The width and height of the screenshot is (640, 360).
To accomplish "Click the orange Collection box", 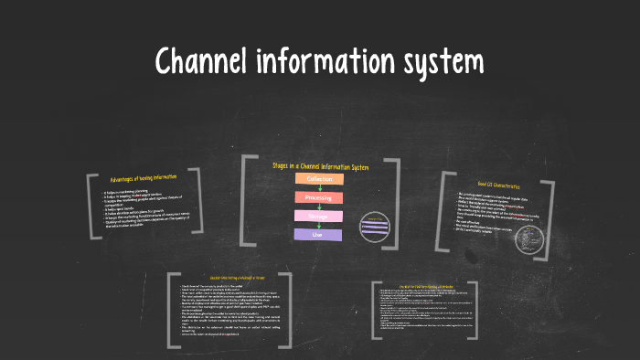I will point(318,179).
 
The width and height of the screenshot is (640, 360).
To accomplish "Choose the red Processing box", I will point(318,197).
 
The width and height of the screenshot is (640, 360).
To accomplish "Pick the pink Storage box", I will point(318,217).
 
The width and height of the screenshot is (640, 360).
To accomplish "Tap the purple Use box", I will point(318,235).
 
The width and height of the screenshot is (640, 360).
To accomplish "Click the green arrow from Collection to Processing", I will point(318,188).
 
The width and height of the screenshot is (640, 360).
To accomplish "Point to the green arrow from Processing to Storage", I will point(318,207).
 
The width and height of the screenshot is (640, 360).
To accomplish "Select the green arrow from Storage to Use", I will point(318,226).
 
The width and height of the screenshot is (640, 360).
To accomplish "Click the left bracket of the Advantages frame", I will point(91,206).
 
